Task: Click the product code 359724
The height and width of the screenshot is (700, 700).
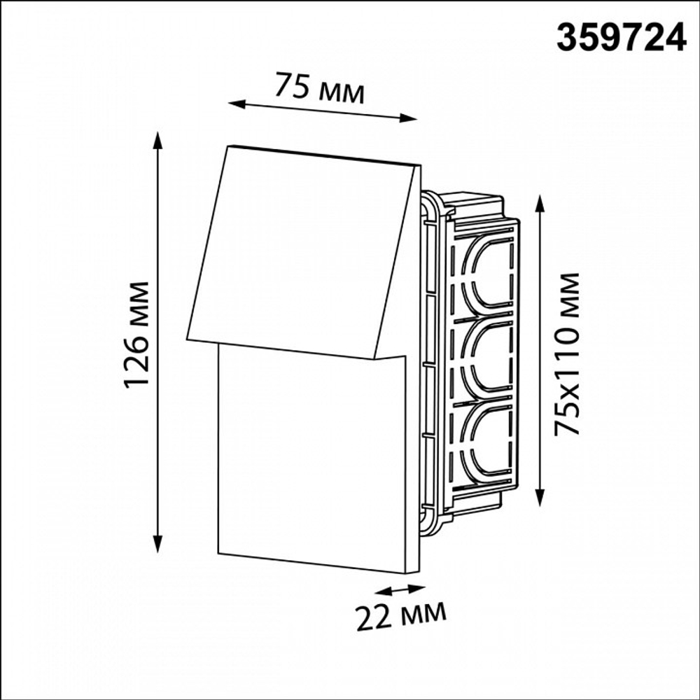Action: point(621,38)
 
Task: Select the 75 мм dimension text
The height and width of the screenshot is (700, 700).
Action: point(318,87)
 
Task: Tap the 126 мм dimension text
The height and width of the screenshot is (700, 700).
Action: point(136,335)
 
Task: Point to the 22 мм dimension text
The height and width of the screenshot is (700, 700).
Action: point(401,616)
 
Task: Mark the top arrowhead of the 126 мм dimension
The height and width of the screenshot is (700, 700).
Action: point(157,141)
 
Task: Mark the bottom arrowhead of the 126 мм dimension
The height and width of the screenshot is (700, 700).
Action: point(157,543)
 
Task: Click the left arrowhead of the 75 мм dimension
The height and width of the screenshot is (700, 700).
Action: point(237,104)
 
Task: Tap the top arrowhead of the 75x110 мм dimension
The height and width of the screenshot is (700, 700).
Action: point(540,204)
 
